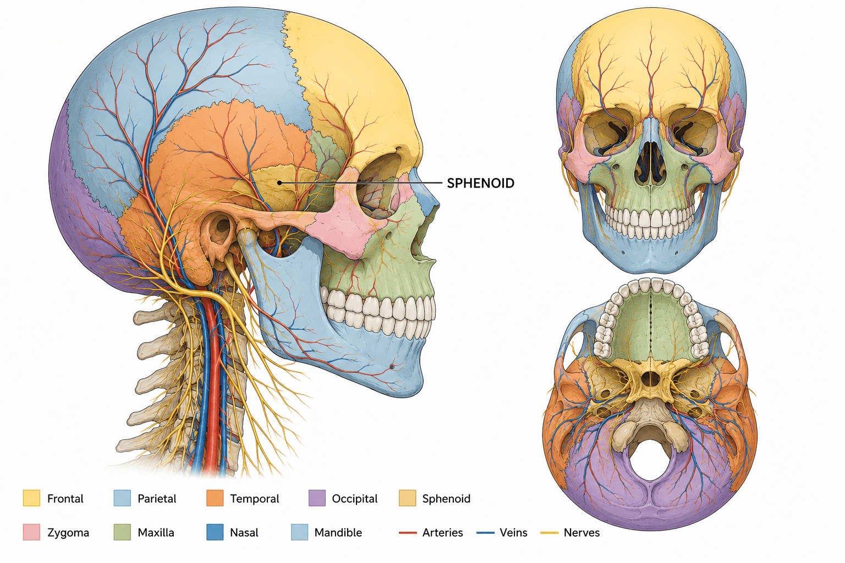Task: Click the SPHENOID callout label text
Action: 481,183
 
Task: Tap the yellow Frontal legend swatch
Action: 31,498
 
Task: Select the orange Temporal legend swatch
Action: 215,498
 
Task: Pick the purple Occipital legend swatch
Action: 317,498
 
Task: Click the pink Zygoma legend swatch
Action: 31,532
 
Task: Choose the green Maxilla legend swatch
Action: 122,532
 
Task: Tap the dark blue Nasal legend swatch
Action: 215,532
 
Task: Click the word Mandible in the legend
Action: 338,532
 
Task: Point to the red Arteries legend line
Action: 408,533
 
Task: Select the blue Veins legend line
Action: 486,533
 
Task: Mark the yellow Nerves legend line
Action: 549,533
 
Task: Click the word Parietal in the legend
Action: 157,499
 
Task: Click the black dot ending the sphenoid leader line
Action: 279,183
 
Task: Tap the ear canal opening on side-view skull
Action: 222,227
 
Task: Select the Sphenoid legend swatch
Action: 408,498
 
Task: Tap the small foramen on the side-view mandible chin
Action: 392,367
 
